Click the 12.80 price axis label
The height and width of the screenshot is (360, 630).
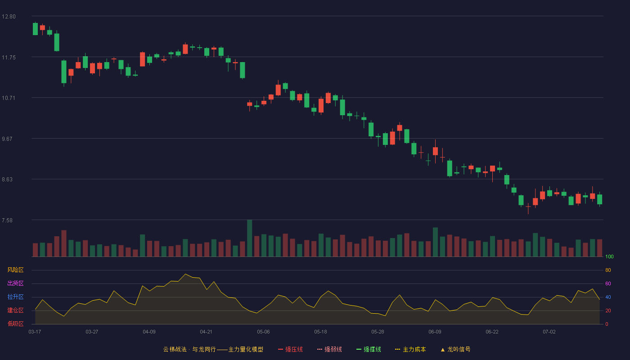(x=9, y=17)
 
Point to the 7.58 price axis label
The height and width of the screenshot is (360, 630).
(x=7, y=220)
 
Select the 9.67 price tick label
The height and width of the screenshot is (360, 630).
(x=7, y=139)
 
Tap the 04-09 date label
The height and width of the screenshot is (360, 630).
(x=149, y=332)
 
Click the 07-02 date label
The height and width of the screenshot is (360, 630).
(x=549, y=332)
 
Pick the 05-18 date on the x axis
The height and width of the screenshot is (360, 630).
(x=320, y=332)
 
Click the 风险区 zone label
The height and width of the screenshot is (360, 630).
(x=15, y=270)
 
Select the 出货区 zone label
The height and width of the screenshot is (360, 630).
(x=15, y=283)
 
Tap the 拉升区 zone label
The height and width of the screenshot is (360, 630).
(x=15, y=297)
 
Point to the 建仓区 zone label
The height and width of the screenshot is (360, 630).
(x=15, y=310)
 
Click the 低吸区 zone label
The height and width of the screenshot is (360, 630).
(x=15, y=324)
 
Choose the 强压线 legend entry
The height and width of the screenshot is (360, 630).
(x=290, y=349)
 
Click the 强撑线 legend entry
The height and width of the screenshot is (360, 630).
(x=369, y=349)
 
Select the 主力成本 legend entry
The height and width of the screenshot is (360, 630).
(x=410, y=349)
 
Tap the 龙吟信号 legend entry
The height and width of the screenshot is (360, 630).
(x=455, y=349)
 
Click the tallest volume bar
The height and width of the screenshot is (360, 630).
(x=249, y=238)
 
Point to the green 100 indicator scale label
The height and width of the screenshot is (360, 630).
(x=609, y=256)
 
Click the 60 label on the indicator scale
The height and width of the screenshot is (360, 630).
(x=608, y=283)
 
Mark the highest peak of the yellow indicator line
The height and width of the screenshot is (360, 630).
(x=185, y=274)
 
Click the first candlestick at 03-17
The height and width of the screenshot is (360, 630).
(x=35, y=29)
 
